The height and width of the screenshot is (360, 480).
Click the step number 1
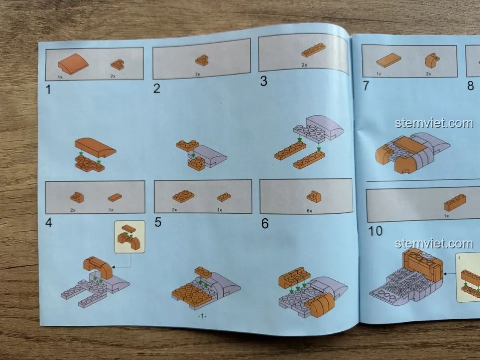48,89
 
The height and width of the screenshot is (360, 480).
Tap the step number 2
157,88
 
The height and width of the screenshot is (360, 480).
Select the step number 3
264,81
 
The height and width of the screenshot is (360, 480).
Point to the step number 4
49,223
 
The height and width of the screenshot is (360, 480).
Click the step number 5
158,222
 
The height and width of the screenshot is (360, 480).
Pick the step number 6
265,224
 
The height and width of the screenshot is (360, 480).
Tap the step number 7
366,85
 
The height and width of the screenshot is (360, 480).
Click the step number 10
375,231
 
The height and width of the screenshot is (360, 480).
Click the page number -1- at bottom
202,316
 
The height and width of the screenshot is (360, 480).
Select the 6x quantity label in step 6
309,211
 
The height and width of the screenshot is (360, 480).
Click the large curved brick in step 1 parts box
73,64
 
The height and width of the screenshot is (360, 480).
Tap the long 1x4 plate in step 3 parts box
313,50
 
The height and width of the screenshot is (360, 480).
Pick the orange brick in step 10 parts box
455,202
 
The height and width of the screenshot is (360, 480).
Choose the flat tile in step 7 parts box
388,60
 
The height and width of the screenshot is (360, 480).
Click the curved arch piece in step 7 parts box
432,60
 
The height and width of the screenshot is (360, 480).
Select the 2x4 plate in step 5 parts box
183,196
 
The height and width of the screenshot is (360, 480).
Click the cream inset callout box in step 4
129,236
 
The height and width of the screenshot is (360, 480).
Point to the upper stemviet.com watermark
434,123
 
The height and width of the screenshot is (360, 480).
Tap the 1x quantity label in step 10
447,216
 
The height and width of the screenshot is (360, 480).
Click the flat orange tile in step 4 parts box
115,197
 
